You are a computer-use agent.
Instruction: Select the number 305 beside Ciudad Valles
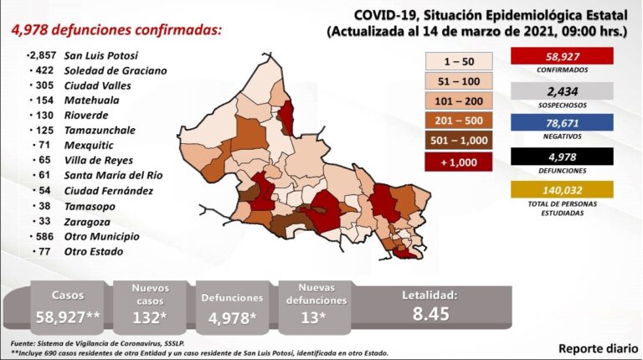point(44,85)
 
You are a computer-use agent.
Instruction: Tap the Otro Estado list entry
point(93,251)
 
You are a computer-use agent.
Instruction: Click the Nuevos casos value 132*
point(151,317)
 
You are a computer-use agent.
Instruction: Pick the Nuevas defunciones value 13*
point(321,317)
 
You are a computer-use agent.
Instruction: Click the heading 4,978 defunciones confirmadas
point(116,30)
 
